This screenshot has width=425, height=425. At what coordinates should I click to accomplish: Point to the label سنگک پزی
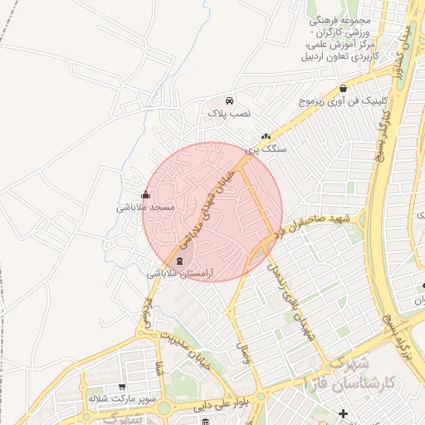pos(269,149)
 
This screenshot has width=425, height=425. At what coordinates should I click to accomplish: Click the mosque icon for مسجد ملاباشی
pos(146,196)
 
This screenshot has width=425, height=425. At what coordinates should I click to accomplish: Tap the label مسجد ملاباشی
pos(144,208)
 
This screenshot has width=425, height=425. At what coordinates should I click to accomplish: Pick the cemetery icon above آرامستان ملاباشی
pos(181,261)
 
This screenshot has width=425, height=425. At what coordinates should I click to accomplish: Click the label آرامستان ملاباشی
pos(181,273)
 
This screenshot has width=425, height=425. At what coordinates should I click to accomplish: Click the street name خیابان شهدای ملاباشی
pos(208,203)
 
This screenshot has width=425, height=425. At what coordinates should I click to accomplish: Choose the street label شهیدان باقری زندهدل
pos(285,296)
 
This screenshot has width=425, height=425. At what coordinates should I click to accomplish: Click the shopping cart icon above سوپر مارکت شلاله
pos(122,387)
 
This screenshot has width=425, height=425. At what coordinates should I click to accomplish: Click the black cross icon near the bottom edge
pos(344,413)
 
